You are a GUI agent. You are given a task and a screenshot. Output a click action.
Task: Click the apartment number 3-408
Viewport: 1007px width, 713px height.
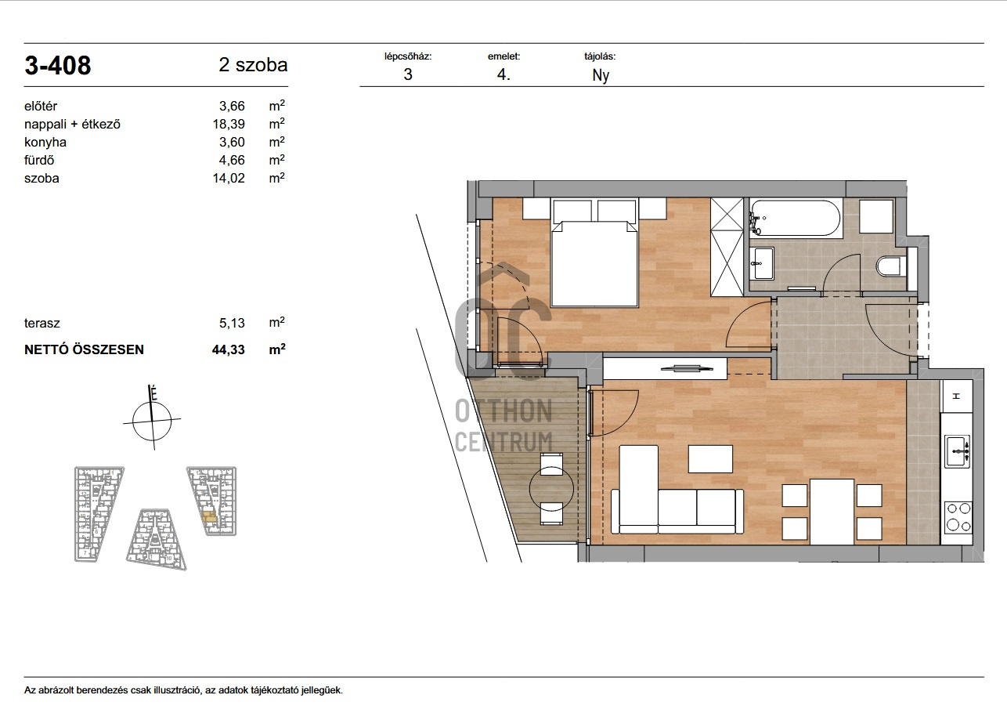pyautogui.click(x=57, y=65)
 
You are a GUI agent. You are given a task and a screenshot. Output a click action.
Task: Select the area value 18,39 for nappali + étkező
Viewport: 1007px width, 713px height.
pyautogui.click(x=229, y=124)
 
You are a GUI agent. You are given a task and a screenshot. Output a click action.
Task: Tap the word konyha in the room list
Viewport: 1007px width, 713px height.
pyautogui.click(x=45, y=142)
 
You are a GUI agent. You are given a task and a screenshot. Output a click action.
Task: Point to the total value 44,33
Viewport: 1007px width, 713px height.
pyautogui.click(x=229, y=349)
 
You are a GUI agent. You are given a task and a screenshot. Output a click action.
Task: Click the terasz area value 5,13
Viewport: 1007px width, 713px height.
pyautogui.click(x=232, y=323)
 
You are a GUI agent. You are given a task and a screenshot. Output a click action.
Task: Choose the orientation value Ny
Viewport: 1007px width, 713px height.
pyautogui.click(x=601, y=75)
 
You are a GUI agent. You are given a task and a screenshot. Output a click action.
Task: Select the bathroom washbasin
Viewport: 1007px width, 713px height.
pyautogui.click(x=762, y=263)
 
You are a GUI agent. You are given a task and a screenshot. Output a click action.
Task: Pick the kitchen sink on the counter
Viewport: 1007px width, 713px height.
pyautogui.click(x=957, y=451)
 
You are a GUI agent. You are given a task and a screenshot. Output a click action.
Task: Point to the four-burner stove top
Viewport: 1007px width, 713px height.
pyautogui.click(x=958, y=517)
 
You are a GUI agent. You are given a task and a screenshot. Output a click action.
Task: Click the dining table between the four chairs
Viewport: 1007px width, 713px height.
pyautogui.click(x=832, y=512)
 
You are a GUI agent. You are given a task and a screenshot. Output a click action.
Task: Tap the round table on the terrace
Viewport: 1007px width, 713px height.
pyautogui.click(x=551, y=489)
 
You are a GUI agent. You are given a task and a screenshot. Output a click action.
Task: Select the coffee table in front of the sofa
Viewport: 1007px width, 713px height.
pyautogui.click(x=710, y=459)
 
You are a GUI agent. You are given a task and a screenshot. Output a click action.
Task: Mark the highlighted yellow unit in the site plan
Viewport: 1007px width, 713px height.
pyautogui.click(x=210, y=517)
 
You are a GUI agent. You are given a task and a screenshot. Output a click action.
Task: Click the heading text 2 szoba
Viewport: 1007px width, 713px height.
pyautogui.click(x=253, y=65)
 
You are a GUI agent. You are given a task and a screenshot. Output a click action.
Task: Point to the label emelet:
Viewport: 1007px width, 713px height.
pyautogui.click(x=503, y=56)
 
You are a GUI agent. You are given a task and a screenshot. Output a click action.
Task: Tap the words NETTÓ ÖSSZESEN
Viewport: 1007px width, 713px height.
pyautogui.click(x=84, y=349)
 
